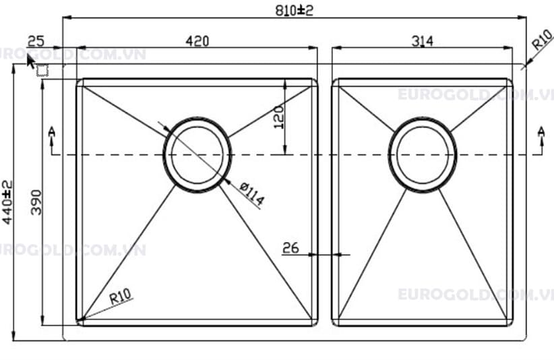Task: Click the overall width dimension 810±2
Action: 295,10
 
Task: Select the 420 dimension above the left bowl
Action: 197,41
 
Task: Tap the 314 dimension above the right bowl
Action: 422,41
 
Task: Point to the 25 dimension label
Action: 36,41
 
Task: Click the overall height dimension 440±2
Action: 7,202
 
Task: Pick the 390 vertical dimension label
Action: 36,202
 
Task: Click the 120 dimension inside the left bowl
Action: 279,117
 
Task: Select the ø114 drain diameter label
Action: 251,194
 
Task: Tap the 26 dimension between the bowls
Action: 290,248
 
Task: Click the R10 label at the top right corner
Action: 543,40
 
